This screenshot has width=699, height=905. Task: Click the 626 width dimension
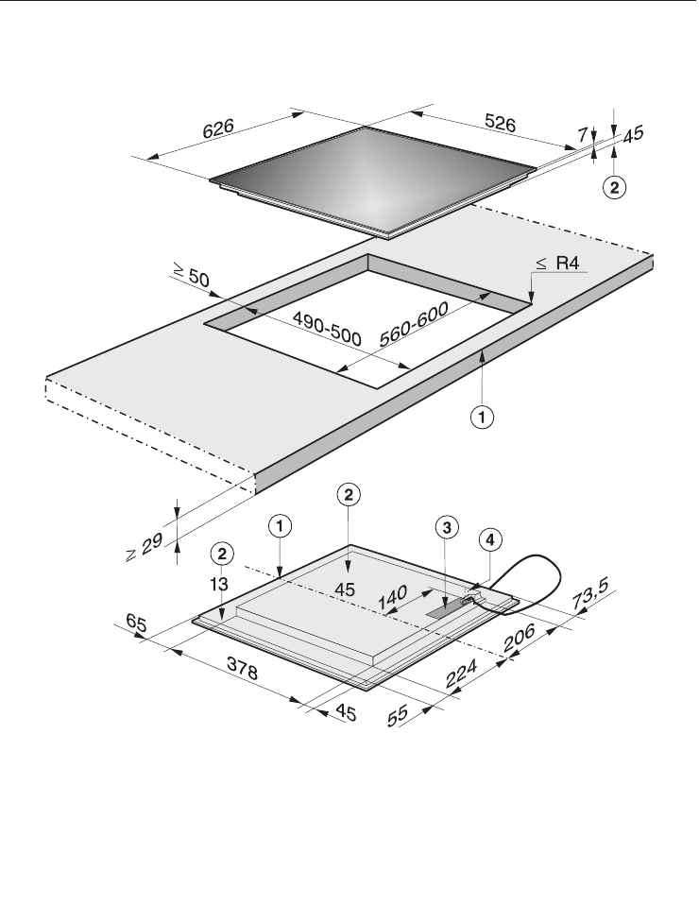click(218, 128)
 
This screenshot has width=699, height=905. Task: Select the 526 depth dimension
click(500, 123)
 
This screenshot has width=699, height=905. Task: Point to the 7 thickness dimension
click(583, 135)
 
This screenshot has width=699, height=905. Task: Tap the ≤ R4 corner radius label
click(557, 264)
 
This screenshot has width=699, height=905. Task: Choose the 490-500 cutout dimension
click(327, 329)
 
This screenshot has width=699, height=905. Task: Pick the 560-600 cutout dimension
click(414, 324)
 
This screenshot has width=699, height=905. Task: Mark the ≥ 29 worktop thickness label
click(145, 547)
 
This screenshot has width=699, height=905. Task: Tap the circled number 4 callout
click(490, 539)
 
